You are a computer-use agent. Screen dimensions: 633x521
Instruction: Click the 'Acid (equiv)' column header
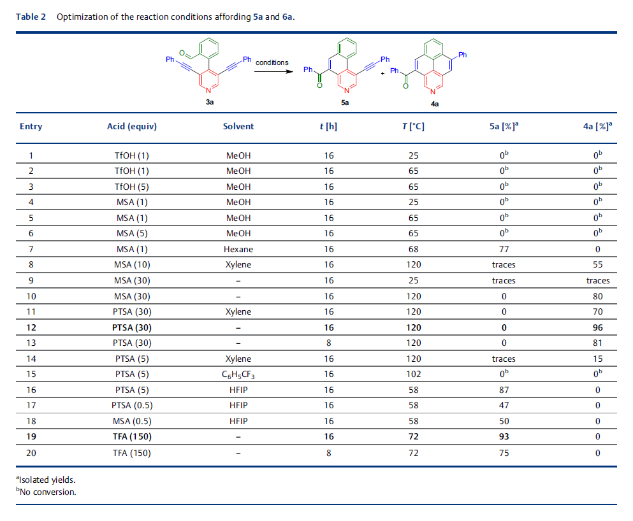click(x=131, y=127)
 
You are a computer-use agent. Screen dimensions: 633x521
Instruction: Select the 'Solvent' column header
click(x=238, y=126)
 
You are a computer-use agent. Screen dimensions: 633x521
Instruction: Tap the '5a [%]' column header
click(x=504, y=126)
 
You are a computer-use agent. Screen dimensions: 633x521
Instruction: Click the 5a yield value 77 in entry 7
click(x=504, y=249)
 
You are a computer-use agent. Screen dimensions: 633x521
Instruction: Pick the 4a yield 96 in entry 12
click(x=597, y=327)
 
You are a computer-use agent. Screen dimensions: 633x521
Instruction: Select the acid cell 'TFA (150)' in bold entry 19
click(x=132, y=437)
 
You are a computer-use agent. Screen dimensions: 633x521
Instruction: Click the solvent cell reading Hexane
click(x=238, y=249)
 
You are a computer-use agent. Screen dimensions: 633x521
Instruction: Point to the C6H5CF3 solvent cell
click(x=238, y=375)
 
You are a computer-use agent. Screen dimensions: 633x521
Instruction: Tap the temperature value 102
click(x=413, y=375)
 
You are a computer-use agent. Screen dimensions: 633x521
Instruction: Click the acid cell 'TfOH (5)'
click(x=131, y=187)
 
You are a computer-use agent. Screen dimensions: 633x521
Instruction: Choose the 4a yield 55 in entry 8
click(x=597, y=264)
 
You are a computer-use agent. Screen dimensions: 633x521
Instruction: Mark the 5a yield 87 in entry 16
click(x=504, y=390)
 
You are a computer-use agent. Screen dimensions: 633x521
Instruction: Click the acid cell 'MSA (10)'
click(x=132, y=265)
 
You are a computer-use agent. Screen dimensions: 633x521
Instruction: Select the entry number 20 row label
click(x=31, y=453)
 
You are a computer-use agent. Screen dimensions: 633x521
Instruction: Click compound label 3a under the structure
click(x=210, y=102)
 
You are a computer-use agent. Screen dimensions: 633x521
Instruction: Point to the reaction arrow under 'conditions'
click(x=273, y=72)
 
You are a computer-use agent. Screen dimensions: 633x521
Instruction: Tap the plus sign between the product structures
click(x=382, y=73)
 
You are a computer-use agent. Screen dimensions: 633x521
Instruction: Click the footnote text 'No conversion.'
click(x=48, y=492)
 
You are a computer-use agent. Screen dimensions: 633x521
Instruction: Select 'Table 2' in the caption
click(x=31, y=17)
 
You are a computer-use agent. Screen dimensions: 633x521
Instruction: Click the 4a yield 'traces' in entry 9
click(x=598, y=281)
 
